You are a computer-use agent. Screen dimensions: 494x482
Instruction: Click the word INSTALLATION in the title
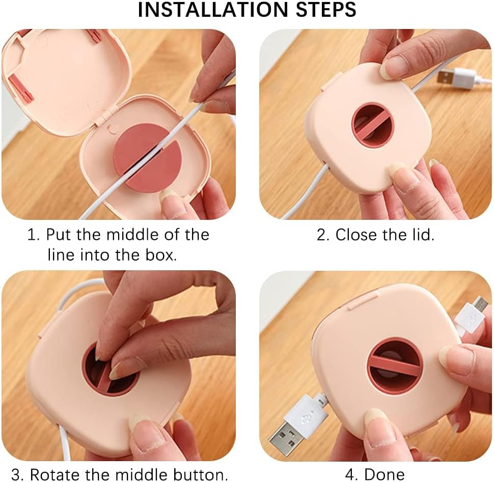pos(213,10)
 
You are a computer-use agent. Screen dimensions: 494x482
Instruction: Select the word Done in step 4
pos(385,474)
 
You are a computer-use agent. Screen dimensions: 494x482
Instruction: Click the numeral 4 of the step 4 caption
pos(350,474)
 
